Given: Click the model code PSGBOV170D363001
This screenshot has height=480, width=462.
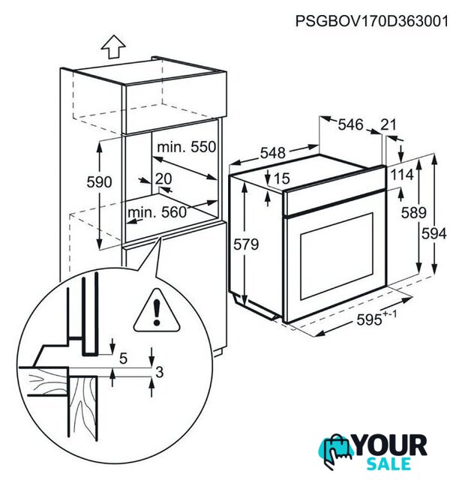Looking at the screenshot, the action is pyautogui.click(x=372, y=21).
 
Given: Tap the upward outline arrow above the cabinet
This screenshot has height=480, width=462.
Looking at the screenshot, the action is pyautogui.click(x=113, y=46).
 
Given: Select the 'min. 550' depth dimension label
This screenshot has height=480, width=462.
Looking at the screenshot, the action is pyautogui.click(x=187, y=147).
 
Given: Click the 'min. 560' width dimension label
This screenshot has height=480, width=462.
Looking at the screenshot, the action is pyautogui.click(x=157, y=212).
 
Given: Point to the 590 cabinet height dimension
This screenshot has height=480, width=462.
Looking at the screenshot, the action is pyautogui.click(x=99, y=182).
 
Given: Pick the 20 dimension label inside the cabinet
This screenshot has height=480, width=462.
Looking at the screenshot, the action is pyautogui.click(x=163, y=178).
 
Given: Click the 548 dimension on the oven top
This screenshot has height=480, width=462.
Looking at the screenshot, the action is pyautogui.click(x=273, y=153).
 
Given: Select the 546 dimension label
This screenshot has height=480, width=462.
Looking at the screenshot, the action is pyautogui.click(x=350, y=124).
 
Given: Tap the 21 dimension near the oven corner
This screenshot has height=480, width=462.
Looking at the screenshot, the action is pyautogui.click(x=388, y=124).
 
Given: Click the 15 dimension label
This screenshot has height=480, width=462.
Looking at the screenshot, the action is pyautogui.click(x=282, y=178).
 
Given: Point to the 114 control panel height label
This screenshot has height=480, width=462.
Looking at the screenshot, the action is pyautogui.click(x=402, y=175).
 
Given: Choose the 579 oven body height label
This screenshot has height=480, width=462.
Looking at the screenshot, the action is pyautogui.click(x=246, y=244).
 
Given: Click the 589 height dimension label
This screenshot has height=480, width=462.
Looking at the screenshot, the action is pyautogui.click(x=414, y=212).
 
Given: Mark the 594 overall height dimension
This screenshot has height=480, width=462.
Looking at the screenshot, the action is pyautogui.click(x=434, y=234).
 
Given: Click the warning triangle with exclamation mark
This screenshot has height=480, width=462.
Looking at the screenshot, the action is pyautogui.click(x=157, y=310).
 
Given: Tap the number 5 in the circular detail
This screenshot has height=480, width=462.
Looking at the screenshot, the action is pyautogui.click(x=124, y=358).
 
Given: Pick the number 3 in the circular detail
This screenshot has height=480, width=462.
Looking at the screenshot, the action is pyautogui.click(x=160, y=372).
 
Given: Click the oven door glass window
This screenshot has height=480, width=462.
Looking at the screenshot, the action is pyautogui.click(x=337, y=256).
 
